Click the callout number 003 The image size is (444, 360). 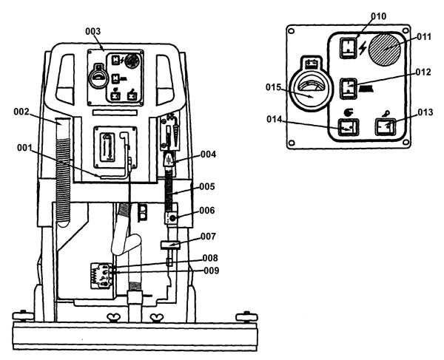93,31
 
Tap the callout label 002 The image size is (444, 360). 21,112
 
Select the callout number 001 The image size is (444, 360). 24,148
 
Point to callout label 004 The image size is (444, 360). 209,154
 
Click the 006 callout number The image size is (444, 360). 207,211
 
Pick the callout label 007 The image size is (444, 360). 208,236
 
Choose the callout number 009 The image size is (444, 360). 212,271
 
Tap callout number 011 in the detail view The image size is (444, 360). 424,37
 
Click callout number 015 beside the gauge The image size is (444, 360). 273,87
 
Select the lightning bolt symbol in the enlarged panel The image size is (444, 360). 363,49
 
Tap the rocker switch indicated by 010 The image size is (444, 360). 349,48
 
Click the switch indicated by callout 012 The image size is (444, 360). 349,89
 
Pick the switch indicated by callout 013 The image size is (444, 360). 386,126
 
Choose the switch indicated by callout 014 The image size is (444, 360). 349,127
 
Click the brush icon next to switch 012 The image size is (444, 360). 366,89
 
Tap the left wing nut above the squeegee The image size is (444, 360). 112,318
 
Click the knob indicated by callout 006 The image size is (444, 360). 172,218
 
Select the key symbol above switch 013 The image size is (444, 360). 386,114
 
